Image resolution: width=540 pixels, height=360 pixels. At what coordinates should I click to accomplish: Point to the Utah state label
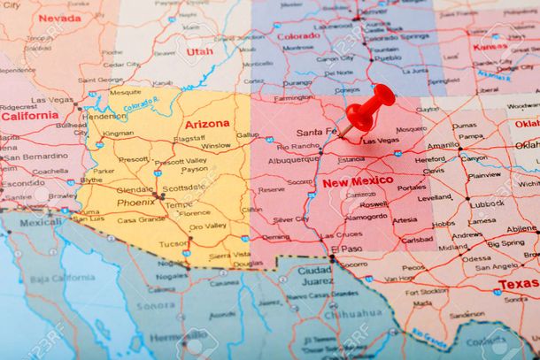pos(200,51)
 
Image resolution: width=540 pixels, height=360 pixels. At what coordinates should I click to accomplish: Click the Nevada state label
pos(59,18)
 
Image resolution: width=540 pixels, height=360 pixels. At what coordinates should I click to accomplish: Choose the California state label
pos(29,115)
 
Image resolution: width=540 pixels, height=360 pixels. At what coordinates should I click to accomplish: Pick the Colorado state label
pos(299,36)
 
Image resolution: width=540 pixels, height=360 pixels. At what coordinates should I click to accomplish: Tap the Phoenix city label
pos(135,202)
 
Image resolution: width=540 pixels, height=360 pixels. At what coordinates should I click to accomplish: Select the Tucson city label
pos(173,243)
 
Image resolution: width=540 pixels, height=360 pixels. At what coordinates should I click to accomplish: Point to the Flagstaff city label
pos(189,138)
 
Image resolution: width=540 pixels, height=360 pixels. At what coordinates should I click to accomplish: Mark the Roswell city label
pos(374,203)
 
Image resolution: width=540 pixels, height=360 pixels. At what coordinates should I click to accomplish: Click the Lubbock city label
pos(486,203)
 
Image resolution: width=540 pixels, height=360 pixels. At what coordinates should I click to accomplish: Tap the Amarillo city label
pos(443,145)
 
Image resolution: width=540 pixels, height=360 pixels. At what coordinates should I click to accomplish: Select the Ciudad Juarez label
pos(314,276)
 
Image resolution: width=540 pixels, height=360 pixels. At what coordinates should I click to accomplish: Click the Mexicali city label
pos(41,222)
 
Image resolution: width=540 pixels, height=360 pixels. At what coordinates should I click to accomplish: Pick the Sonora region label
pos(156,304)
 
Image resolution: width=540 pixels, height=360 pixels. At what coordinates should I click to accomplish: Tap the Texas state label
pos(517,284)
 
